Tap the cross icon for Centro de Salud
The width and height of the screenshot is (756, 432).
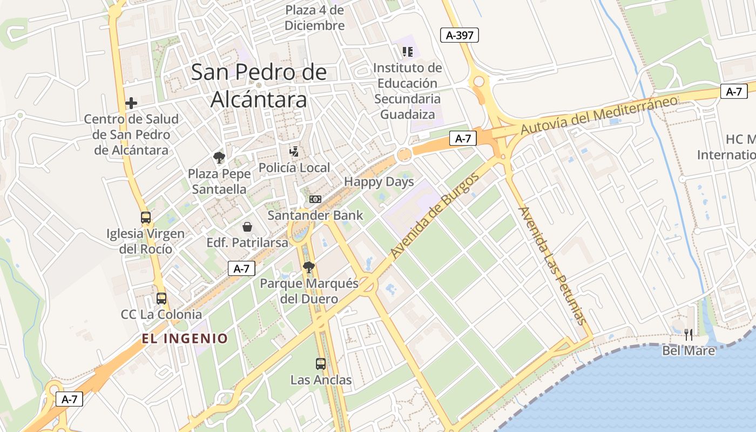131,103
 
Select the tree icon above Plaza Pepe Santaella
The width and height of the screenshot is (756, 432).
219,158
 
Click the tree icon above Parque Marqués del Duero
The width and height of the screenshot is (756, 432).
309,267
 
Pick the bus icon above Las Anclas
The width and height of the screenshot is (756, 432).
321,363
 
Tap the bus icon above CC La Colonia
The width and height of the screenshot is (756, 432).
161,298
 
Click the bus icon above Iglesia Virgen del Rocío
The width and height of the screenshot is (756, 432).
146,218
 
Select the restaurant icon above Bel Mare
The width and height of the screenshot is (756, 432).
688,334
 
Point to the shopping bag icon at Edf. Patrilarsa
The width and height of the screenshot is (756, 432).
247,226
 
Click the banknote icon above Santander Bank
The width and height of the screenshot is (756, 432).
315,199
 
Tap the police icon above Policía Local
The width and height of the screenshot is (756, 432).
294,151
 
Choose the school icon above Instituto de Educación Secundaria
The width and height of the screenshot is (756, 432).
408,52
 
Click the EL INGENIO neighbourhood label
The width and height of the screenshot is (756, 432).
185,339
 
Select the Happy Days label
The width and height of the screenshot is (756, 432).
379,182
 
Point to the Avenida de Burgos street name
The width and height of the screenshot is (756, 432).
435,215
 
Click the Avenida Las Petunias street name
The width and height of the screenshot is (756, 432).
551,265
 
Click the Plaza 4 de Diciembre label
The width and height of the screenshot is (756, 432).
314,18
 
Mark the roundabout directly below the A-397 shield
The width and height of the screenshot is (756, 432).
478,82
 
